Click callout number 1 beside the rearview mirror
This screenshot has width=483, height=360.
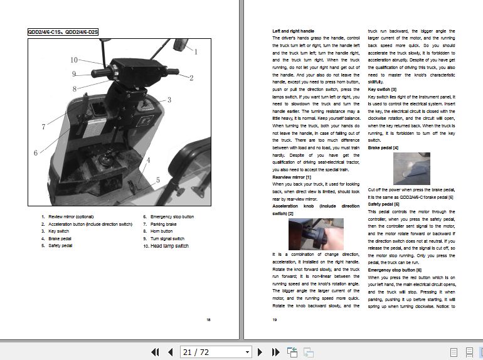click(196, 52)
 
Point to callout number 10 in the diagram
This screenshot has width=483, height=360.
click(73, 60)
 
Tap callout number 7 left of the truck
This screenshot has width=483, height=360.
click(43, 127)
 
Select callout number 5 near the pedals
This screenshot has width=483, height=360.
click(157, 180)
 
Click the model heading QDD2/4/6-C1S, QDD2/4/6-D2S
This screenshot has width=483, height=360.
click(63, 31)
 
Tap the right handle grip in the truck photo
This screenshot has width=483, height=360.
click(171, 74)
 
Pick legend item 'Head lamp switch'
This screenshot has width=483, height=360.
click(166, 246)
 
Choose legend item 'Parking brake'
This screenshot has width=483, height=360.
click(163, 224)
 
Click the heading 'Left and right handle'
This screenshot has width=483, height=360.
click(293, 31)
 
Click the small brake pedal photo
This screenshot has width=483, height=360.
click(411, 168)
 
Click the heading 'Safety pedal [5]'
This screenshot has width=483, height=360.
click(384, 204)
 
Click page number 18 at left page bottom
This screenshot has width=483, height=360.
click(208, 319)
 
